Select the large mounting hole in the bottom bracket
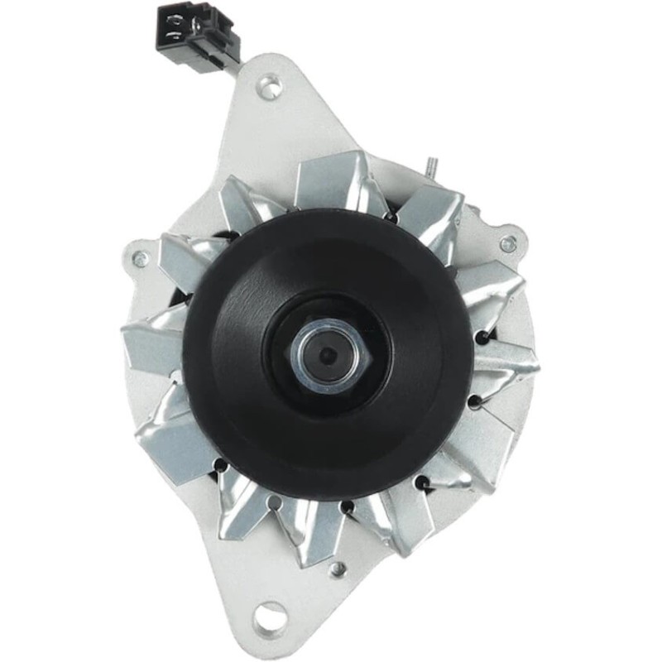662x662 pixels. (x=269, y=616)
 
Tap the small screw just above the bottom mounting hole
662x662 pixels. (x=337, y=569)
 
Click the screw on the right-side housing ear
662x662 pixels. (x=508, y=243)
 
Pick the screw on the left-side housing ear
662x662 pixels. (x=141, y=259)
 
